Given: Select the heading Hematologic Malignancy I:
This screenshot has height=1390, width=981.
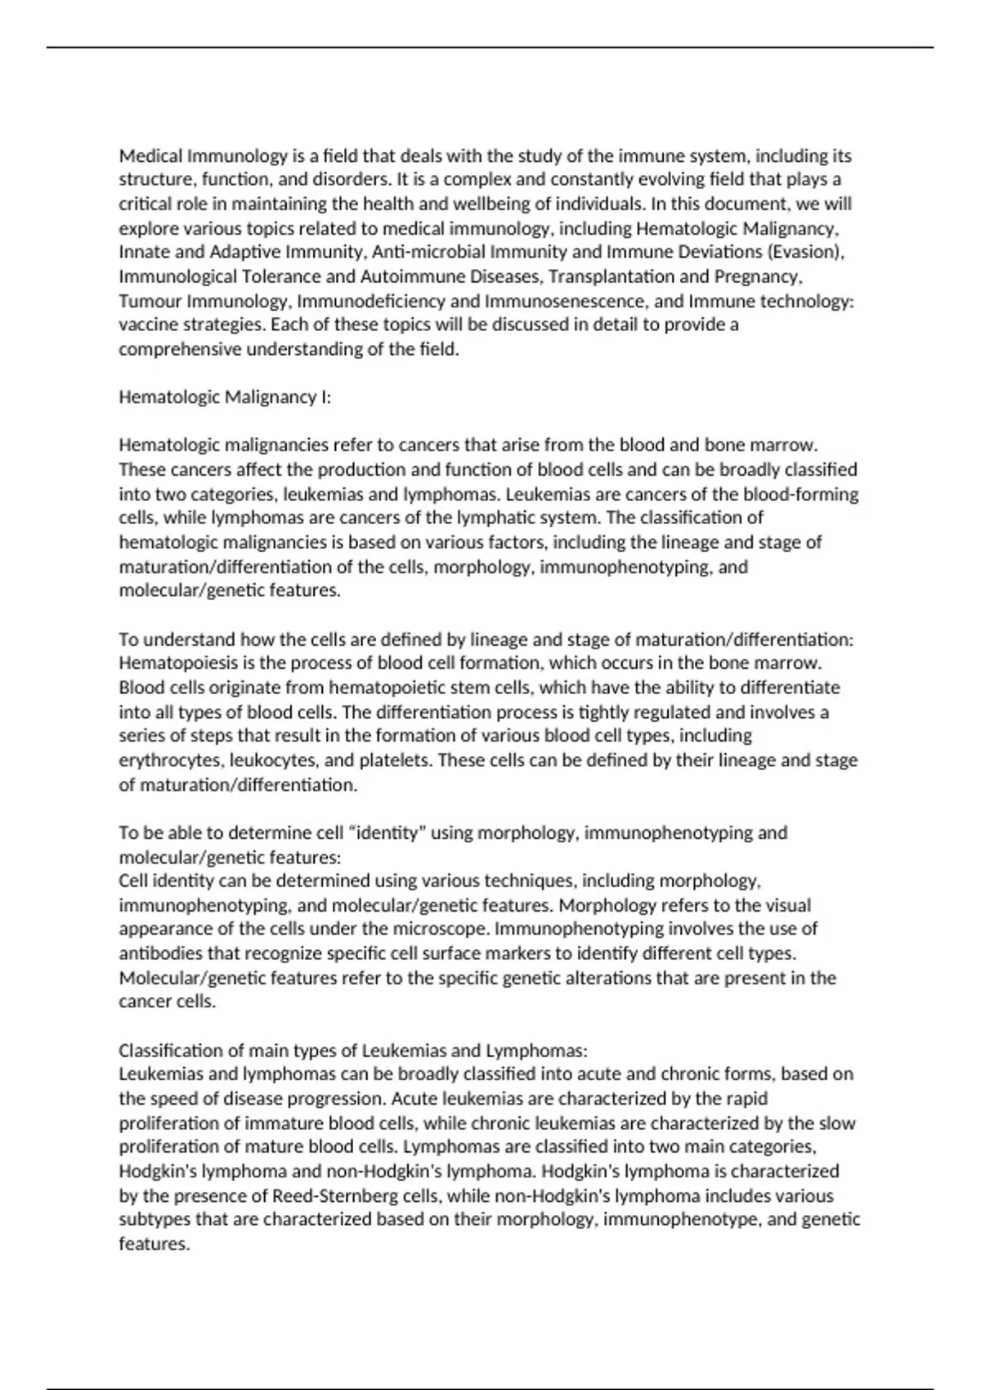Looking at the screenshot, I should (x=225, y=397).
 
